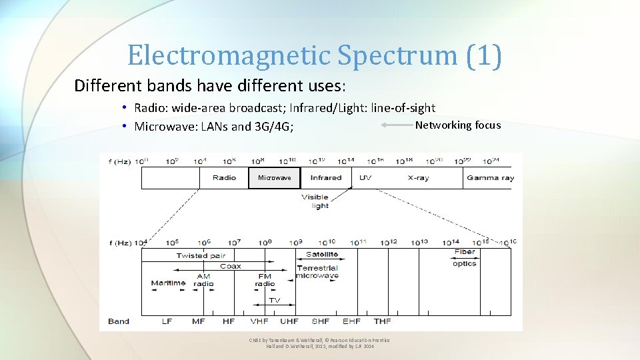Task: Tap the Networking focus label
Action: tap(457, 125)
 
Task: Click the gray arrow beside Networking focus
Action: tap(397, 125)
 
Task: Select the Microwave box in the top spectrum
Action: tap(275, 178)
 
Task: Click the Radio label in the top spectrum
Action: tap(224, 178)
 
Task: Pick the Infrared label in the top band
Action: tap(326, 178)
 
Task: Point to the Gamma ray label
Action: tap(490, 178)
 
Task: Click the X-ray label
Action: tap(419, 178)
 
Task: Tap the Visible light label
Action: tap(315, 201)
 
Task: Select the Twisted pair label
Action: tap(201, 255)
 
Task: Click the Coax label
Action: tap(231, 266)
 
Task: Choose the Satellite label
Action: tap(321, 255)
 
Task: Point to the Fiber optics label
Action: tap(465, 258)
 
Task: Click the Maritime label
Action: tap(168, 283)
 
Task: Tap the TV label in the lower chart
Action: tap(274, 300)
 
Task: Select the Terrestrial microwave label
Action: tap(317, 272)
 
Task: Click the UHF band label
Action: tap(289, 321)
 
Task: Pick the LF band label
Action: tap(167, 321)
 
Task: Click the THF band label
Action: tap(382, 321)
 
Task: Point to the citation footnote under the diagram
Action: tap(319, 343)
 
